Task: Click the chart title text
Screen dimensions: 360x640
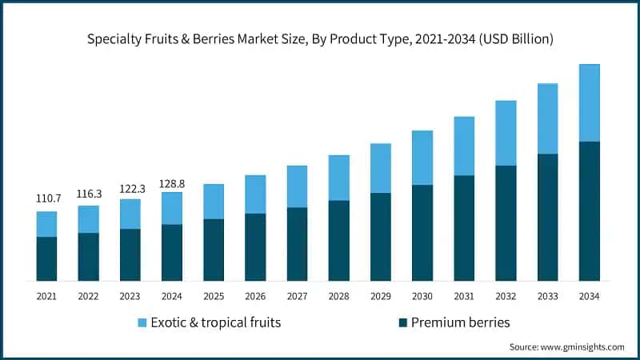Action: pyautogui.click(x=320, y=38)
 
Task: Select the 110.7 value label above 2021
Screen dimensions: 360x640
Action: pyautogui.click(x=46, y=197)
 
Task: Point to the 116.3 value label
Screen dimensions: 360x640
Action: pyautogui.click(x=88, y=193)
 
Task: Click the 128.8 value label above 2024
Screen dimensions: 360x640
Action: pyautogui.click(x=172, y=183)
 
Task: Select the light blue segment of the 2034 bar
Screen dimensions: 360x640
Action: pyautogui.click(x=590, y=102)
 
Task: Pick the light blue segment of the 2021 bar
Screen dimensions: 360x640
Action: pyautogui.click(x=46, y=224)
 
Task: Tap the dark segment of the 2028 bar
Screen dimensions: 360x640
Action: pyautogui.click(x=339, y=240)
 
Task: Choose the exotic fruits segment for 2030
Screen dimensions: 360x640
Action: pyautogui.click(x=422, y=158)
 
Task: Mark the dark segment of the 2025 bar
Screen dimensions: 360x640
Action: pyautogui.click(x=214, y=250)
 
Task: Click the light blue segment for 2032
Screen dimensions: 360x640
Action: pyautogui.click(x=506, y=133)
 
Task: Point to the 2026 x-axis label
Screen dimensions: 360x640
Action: pyautogui.click(x=255, y=297)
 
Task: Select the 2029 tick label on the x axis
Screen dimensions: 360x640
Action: pyautogui.click(x=381, y=297)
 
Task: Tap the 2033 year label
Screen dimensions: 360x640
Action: pyautogui.click(x=548, y=297)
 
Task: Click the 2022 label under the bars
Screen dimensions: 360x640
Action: pyautogui.click(x=88, y=297)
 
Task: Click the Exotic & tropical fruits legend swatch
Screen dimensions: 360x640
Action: pyautogui.click(x=142, y=322)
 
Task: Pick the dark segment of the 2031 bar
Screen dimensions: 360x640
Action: pyautogui.click(x=464, y=228)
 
